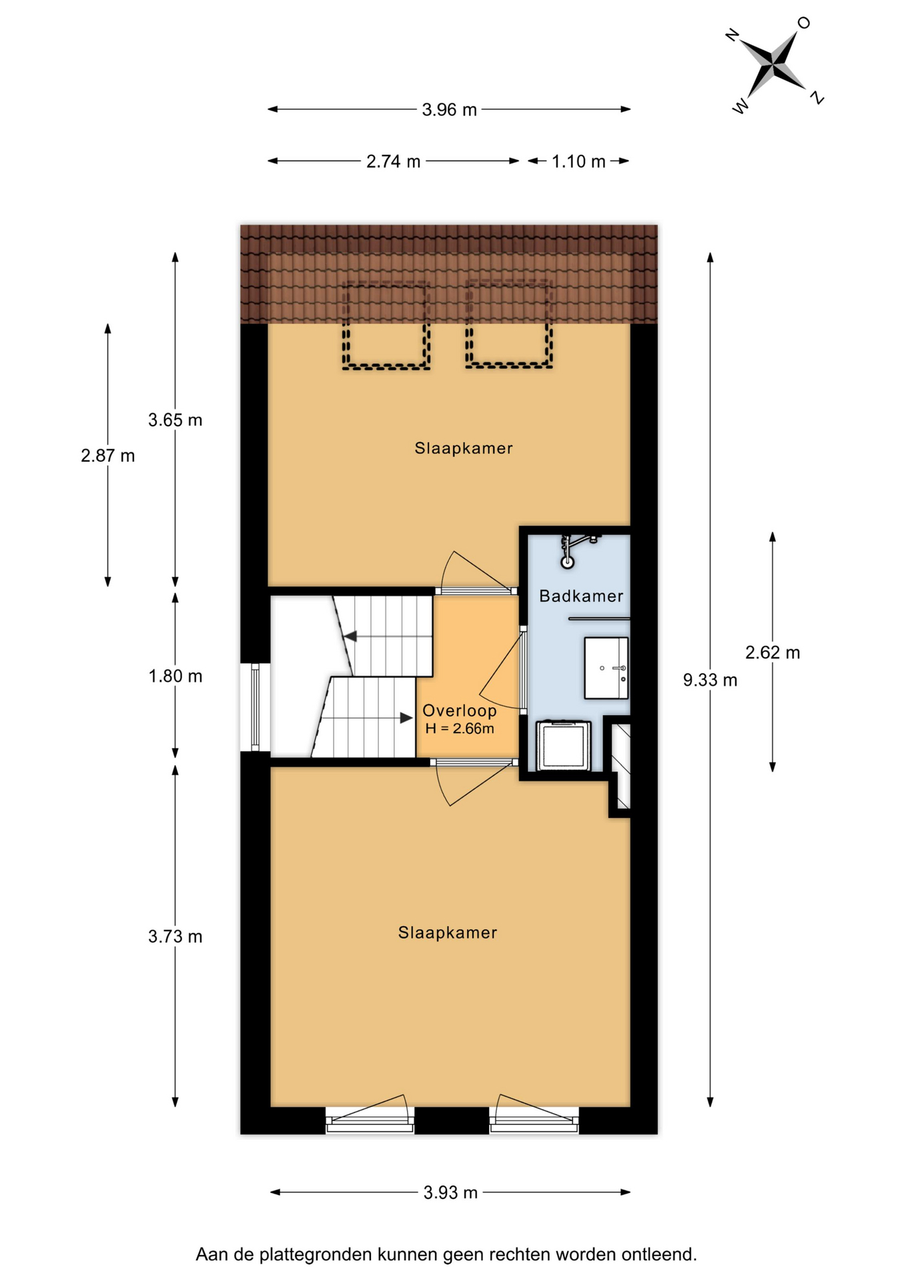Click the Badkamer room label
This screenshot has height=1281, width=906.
(x=580, y=596)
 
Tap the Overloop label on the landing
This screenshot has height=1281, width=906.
(x=459, y=711)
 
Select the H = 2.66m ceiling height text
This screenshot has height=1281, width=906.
(x=460, y=729)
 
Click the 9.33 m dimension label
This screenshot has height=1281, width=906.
(x=710, y=680)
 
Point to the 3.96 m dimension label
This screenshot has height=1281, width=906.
(x=449, y=109)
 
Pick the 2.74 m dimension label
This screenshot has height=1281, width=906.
(x=393, y=161)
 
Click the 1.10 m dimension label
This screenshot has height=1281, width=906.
(x=578, y=161)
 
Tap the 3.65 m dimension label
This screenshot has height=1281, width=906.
(x=175, y=420)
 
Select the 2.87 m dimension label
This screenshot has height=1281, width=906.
(x=107, y=456)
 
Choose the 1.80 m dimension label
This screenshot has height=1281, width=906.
(x=175, y=677)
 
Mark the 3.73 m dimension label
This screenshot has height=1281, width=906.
(x=175, y=937)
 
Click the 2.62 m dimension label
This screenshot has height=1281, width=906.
(x=772, y=653)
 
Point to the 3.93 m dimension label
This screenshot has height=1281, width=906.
(x=450, y=1192)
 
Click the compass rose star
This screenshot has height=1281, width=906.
(x=775, y=65)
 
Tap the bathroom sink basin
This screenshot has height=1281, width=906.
(x=606, y=668)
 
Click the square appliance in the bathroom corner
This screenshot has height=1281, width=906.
(x=564, y=745)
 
